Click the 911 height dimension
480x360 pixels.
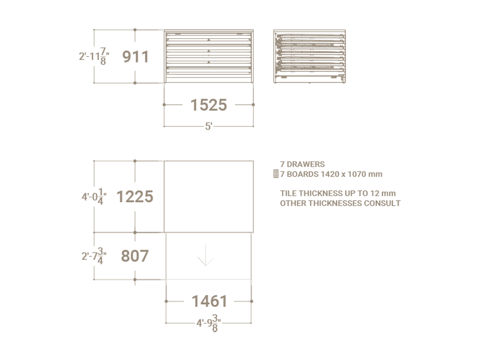click(135, 57)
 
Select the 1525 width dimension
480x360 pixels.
click(209, 105)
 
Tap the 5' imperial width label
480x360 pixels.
click(209, 126)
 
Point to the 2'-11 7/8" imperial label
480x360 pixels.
click(94, 56)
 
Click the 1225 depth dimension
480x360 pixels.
click(135, 197)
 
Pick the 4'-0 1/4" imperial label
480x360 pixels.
click(94, 197)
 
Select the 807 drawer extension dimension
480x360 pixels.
click(135, 256)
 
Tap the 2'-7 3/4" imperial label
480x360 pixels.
click(94, 256)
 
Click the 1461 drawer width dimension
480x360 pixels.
click(210, 301)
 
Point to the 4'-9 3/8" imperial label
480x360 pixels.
click(209, 323)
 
